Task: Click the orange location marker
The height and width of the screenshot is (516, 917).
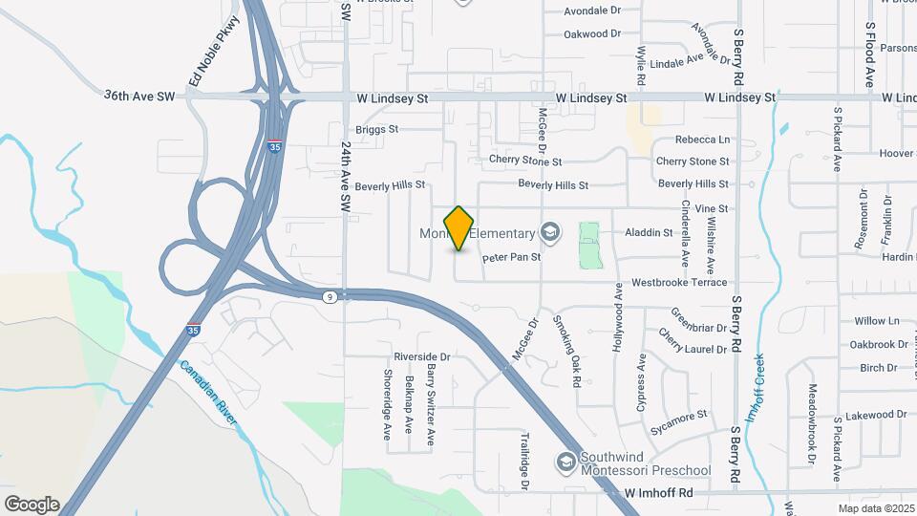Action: pos(459,227)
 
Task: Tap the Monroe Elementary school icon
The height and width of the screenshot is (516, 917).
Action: pos(549,232)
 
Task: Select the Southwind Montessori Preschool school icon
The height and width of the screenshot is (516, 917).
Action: pos(566,462)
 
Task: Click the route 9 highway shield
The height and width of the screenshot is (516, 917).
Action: pos(329,297)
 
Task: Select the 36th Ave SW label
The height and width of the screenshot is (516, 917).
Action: pos(140,97)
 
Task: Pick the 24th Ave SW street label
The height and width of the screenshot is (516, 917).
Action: pos(346,176)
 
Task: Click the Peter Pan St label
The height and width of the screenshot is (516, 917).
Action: pos(512,257)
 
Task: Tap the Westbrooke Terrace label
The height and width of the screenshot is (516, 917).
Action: pos(679,283)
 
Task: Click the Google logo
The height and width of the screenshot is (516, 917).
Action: pos(32,505)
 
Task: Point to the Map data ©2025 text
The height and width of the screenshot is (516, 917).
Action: pos(876,508)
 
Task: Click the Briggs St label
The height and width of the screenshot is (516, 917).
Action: pos(375,129)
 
